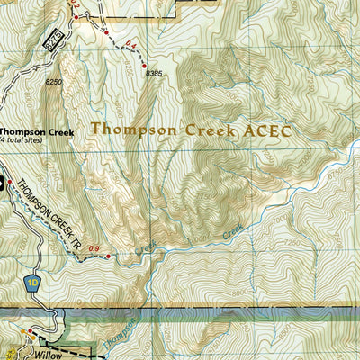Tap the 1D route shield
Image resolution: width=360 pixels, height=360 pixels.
34,281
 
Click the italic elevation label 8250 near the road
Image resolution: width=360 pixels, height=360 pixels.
55,82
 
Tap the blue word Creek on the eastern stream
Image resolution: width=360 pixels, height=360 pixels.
233,231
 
